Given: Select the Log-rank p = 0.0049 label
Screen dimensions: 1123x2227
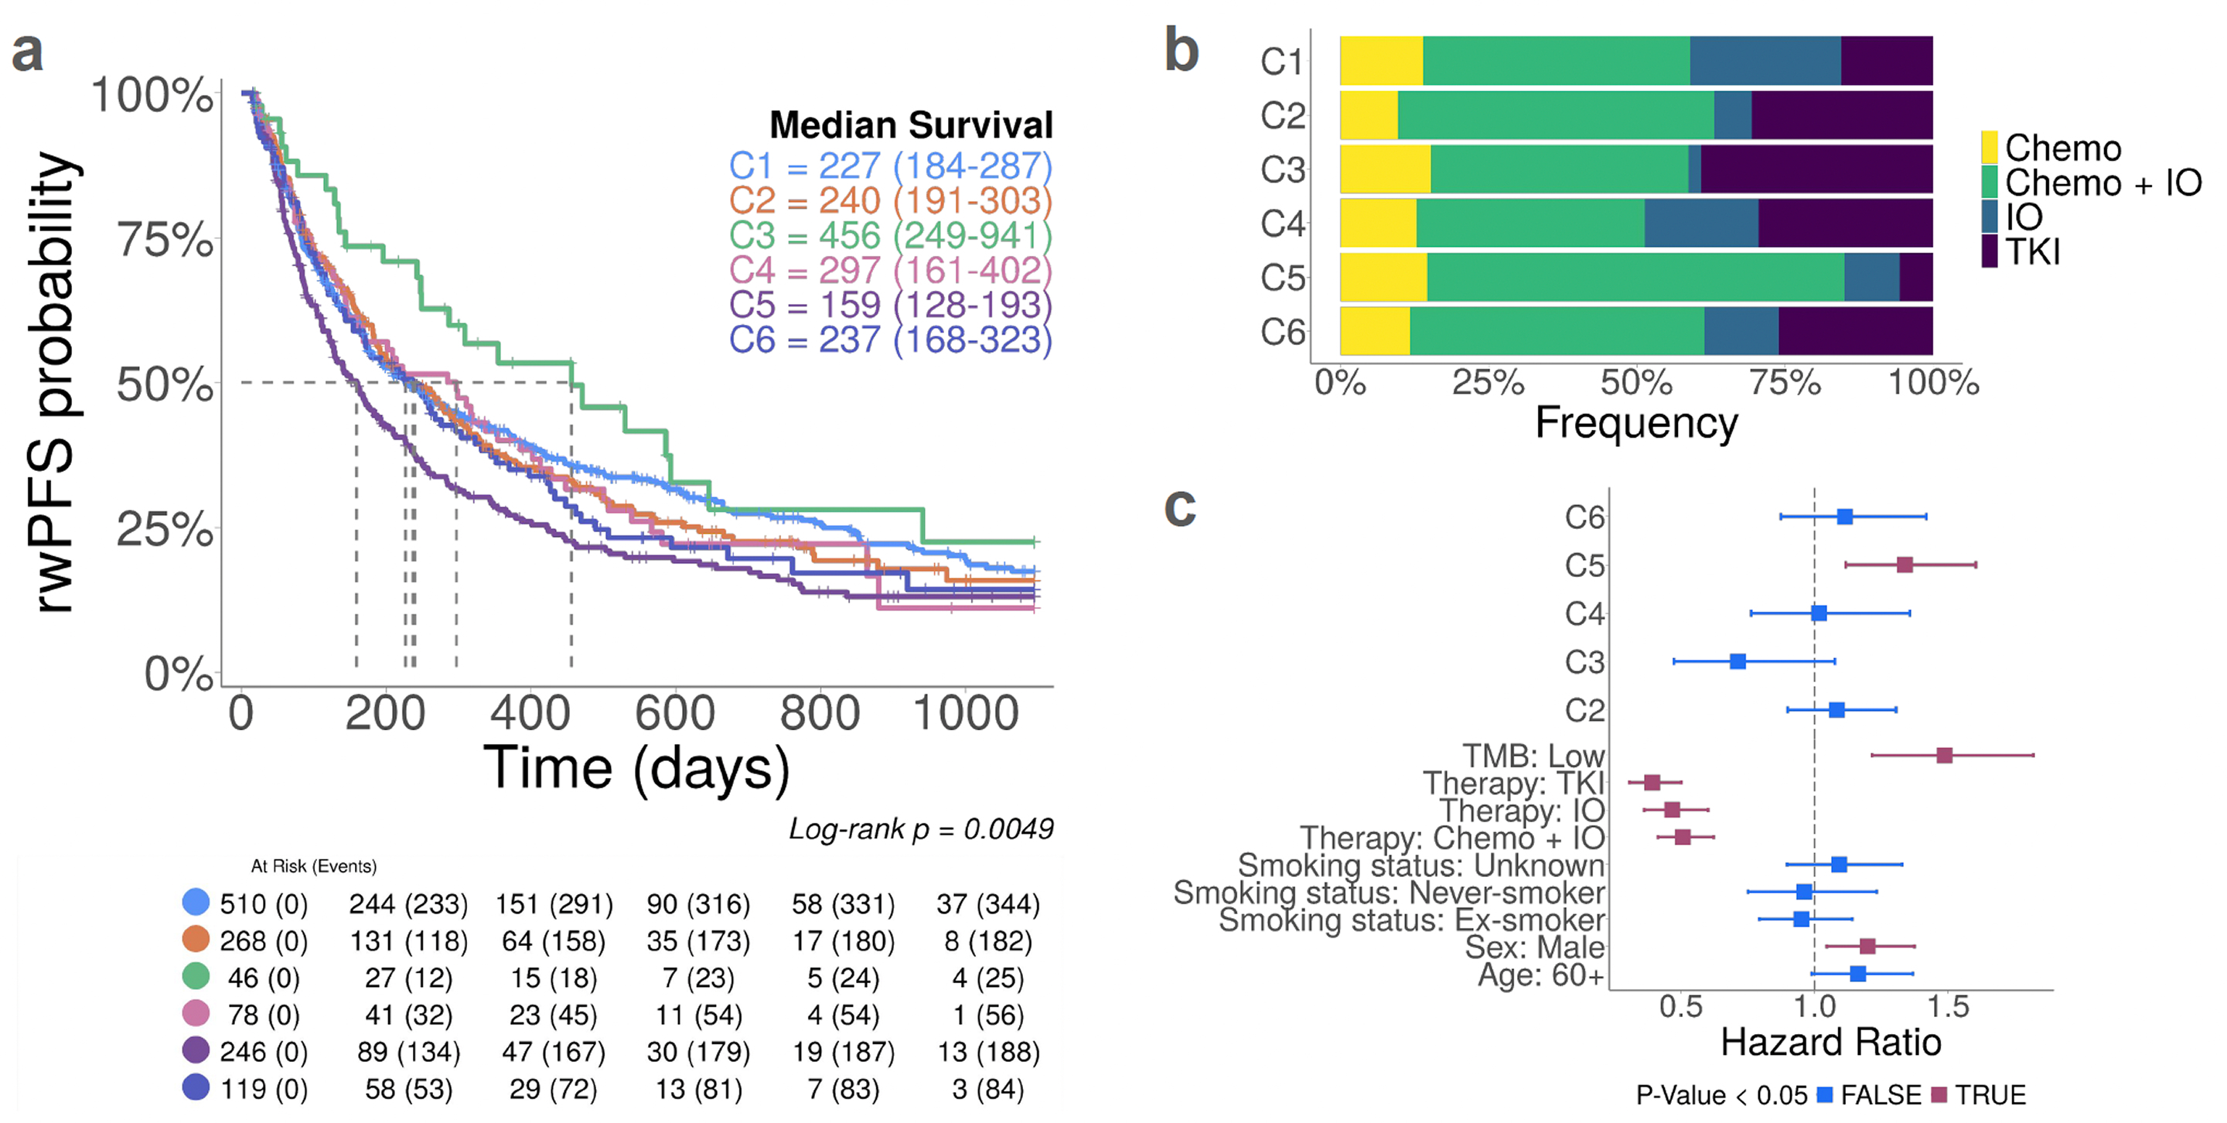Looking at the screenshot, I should point(921,829).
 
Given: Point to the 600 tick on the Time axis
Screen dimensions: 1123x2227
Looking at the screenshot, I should point(674,713).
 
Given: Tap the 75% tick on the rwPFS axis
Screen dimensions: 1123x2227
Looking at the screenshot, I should point(164,240).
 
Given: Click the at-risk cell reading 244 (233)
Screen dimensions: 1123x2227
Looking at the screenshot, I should point(408,904).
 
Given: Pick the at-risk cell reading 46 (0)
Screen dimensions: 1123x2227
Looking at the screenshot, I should point(264,978).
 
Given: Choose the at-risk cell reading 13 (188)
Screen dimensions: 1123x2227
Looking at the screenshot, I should point(988,1052).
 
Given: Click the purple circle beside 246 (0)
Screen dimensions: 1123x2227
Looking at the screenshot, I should point(196,1050).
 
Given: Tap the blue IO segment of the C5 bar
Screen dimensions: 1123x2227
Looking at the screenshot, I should point(1871,278).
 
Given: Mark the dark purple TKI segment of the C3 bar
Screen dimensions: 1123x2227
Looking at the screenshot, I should point(1816,169).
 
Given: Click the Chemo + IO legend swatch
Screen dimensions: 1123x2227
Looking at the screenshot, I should point(1990,183).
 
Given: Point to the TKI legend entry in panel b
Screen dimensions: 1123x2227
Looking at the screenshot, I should point(2031,251).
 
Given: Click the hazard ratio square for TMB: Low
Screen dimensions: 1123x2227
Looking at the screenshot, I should point(1944,756).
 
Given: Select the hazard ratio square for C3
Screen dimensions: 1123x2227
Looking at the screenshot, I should point(1738,661).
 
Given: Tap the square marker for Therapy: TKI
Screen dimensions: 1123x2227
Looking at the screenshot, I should point(1652,783).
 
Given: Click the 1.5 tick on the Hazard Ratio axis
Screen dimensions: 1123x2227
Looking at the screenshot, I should point(1948,1006).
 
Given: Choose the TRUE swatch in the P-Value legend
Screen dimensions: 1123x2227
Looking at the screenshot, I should point(1939,1095).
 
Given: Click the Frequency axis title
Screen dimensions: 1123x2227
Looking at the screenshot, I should point(1635,424).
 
